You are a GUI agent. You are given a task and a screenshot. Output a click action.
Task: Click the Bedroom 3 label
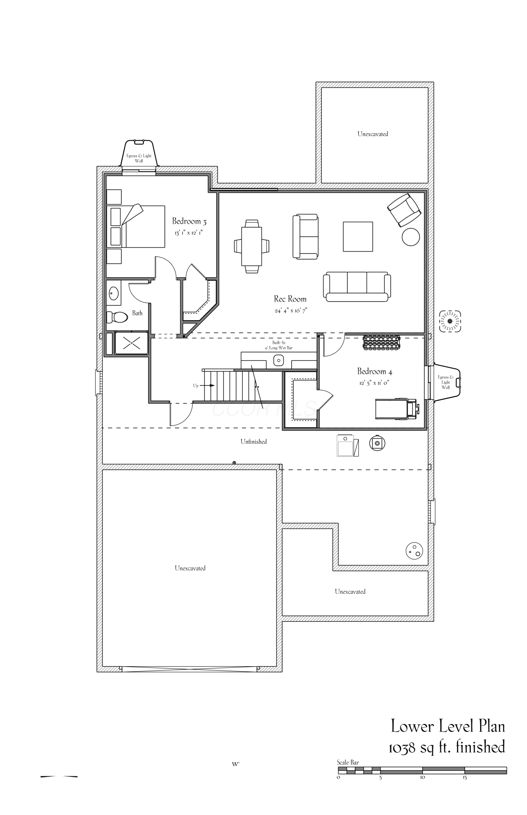(x=189, y=221)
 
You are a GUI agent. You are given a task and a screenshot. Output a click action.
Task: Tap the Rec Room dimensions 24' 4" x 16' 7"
(x=290, y=311)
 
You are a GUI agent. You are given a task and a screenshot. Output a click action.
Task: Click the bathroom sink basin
(x=114, y=293)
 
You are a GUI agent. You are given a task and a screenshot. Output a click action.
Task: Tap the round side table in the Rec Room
(x=411, y=237)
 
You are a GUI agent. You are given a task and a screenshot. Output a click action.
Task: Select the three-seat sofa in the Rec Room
(x=357, y=287)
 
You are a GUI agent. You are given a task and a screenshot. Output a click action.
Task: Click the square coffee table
(x=358, y=236)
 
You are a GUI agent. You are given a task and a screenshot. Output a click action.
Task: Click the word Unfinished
(x=254, y=441)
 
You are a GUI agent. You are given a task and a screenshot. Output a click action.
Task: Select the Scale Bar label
(x=348, y=762)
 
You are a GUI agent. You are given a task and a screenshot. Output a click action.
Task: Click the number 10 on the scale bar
(x=422, y=777)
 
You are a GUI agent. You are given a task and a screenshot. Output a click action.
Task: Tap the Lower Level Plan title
(x=448, y=726)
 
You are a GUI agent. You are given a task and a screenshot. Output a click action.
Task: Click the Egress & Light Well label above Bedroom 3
(x=139, y=159)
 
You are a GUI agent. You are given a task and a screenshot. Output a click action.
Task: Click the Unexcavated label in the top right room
(x=373, y=134)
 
